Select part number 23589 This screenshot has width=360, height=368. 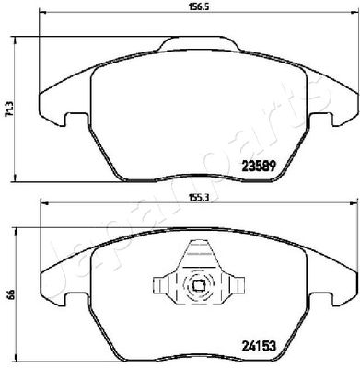(x=260, y=167)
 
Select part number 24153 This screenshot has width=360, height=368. (x=260, y=346)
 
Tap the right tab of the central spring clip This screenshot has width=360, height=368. (x=237, y=285)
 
